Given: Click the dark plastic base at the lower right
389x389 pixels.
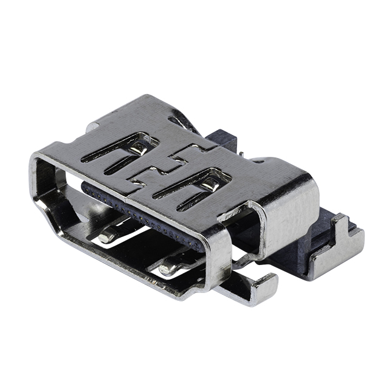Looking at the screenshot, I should [x=292, y=255].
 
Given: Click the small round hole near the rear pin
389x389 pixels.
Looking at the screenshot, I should [x=256, y=162].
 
